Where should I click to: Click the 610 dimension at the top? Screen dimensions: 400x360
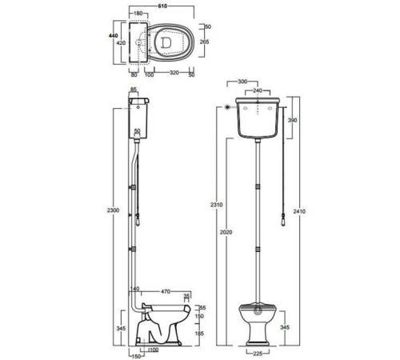162,6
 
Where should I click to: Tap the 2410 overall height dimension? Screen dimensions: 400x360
299,211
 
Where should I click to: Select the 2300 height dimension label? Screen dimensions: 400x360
113,210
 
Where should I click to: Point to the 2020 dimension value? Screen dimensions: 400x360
226,232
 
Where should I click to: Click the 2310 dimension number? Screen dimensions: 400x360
216,205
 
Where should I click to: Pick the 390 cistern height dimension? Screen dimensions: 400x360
292,120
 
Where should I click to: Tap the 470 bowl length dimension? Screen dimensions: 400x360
166,292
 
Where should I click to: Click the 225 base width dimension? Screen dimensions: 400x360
258,354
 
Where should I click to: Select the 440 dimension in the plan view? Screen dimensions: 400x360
114,36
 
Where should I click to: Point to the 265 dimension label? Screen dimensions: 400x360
204,42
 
